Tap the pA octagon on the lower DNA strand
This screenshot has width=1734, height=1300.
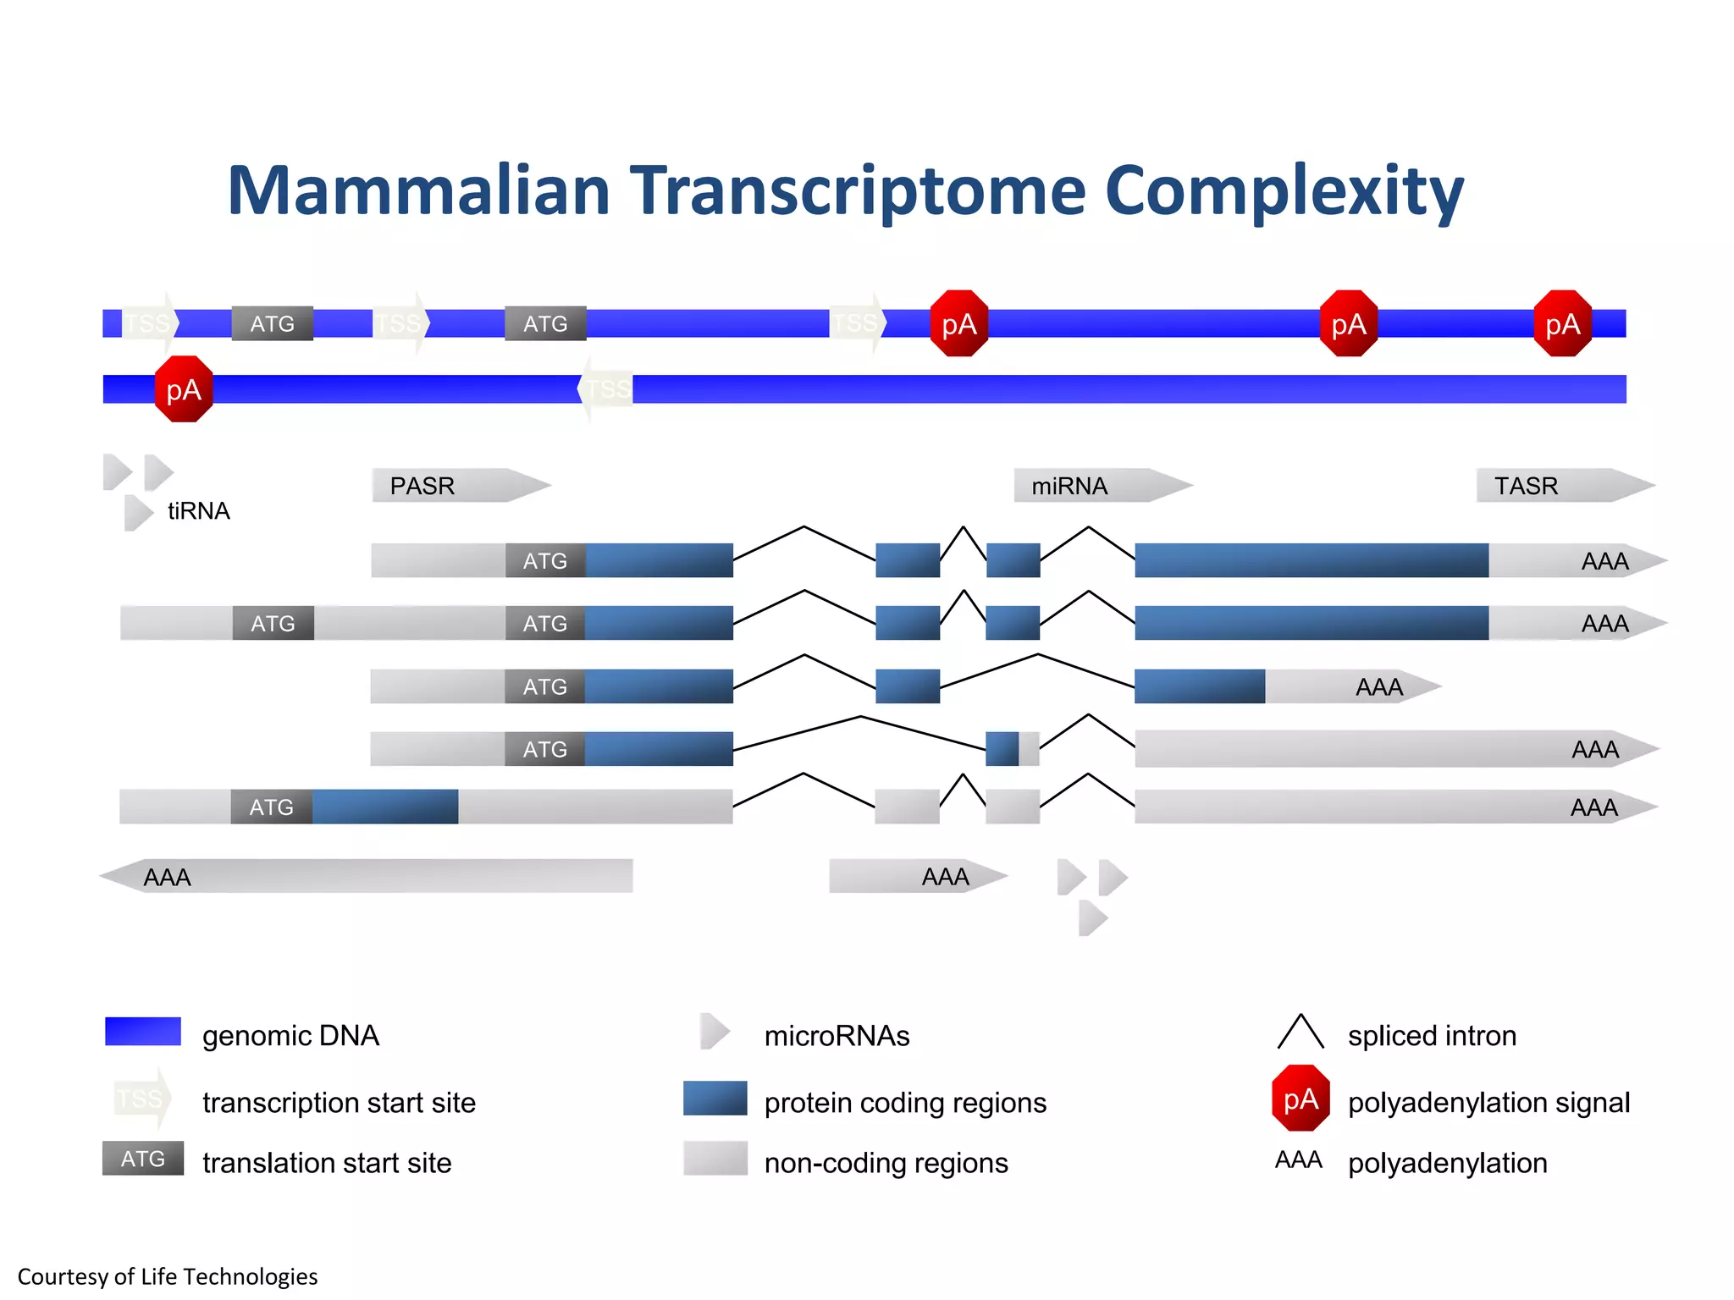[x=184, y=389]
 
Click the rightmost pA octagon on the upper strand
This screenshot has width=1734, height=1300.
[x=1562, y=323]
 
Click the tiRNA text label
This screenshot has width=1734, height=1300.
[x=198, y=511]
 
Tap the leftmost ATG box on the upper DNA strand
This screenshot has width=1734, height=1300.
[x=272, y=323]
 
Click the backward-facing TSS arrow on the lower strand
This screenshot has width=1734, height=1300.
[x=606, y=389]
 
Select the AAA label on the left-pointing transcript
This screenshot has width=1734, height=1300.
[x=167, y=878]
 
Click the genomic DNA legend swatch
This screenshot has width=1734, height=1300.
[x=143, y=1032]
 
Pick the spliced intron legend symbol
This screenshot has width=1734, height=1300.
[x=1300, y=1032]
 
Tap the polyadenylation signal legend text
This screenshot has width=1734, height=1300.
[x=1488, y=1103]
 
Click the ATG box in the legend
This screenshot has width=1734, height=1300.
[x=143, y=1159]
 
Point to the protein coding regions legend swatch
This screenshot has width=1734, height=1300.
[x=715, y=1099]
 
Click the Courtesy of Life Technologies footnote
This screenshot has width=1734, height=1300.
[x=168, y=1276]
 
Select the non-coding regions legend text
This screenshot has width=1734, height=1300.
[x=886, y=1163]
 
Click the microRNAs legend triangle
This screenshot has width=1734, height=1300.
[x=715, y=1032]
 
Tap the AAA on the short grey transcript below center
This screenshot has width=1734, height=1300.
[x=945, y=877]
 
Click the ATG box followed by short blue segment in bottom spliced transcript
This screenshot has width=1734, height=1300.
[x=271, y=807]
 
